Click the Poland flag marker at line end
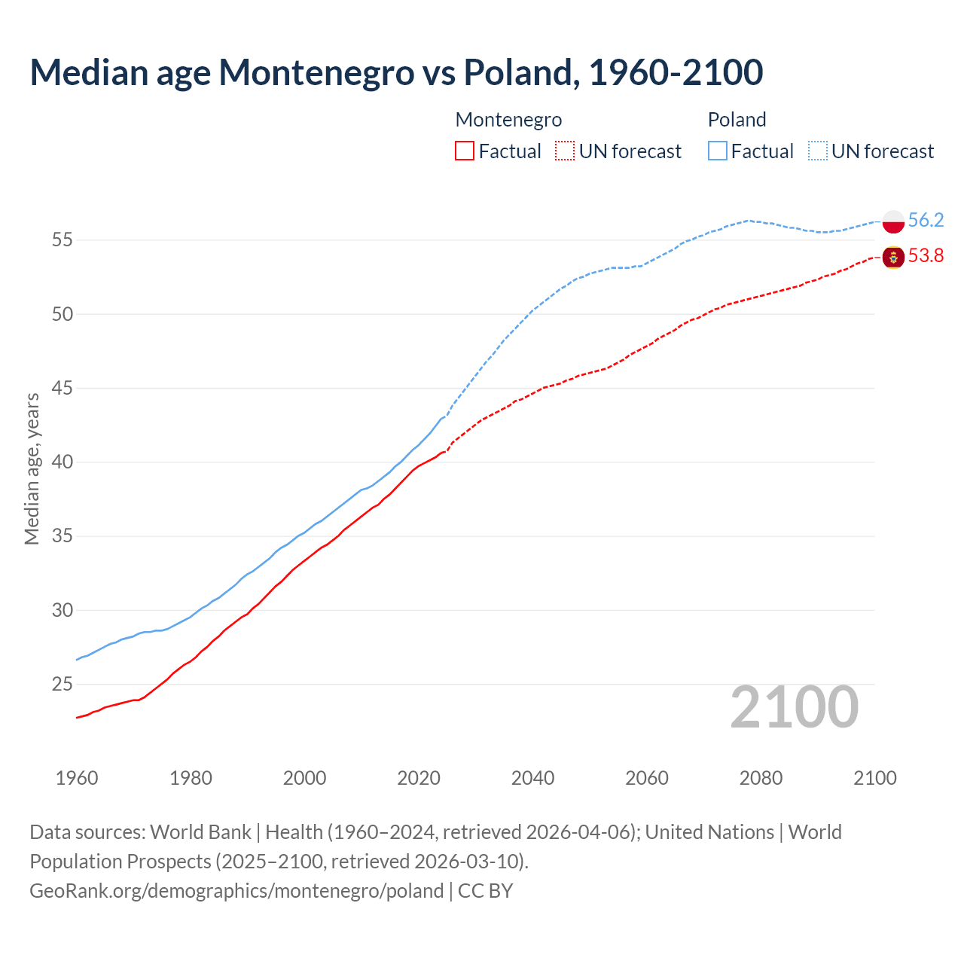893,221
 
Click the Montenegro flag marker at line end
893,257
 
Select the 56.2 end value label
926,220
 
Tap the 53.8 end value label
926,256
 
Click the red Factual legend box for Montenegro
465,151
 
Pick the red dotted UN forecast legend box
565,151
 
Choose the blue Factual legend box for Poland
718,151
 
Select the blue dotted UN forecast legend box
817,151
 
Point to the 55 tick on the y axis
63,240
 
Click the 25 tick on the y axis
63,685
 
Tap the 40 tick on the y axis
63,462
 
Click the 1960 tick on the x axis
77,778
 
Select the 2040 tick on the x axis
532,778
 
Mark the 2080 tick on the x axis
761,778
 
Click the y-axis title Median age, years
32,468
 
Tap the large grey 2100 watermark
794,707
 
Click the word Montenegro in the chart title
316,72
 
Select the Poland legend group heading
737,120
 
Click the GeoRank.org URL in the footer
236,891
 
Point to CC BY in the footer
486,891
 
